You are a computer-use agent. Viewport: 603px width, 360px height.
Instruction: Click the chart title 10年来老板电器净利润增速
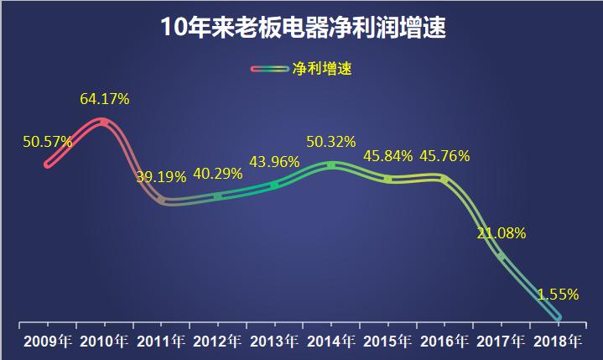coord(302,28)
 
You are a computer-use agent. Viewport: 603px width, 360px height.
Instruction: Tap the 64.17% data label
coord(105,99)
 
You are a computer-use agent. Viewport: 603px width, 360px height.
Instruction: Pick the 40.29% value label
coord(218,174)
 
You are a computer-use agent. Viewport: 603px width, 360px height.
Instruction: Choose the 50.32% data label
coord(330,141)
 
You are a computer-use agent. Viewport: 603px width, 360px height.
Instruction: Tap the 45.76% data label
coord(444,156)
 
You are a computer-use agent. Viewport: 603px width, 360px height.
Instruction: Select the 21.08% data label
coord(502,233)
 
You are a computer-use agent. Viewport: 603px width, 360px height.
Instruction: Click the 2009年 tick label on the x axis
coord(48,341)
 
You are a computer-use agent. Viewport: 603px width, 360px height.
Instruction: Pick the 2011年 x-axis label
coord(161,341)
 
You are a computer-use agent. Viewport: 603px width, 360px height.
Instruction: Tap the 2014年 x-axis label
coord(331,341)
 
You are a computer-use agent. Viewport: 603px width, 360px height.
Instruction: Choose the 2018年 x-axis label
coord(558,341)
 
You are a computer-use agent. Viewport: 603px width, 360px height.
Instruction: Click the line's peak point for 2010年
coord(104,123)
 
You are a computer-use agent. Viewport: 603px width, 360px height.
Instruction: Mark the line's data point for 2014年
coord(331,165)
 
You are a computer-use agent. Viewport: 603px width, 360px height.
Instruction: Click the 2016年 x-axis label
coord(444,341)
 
